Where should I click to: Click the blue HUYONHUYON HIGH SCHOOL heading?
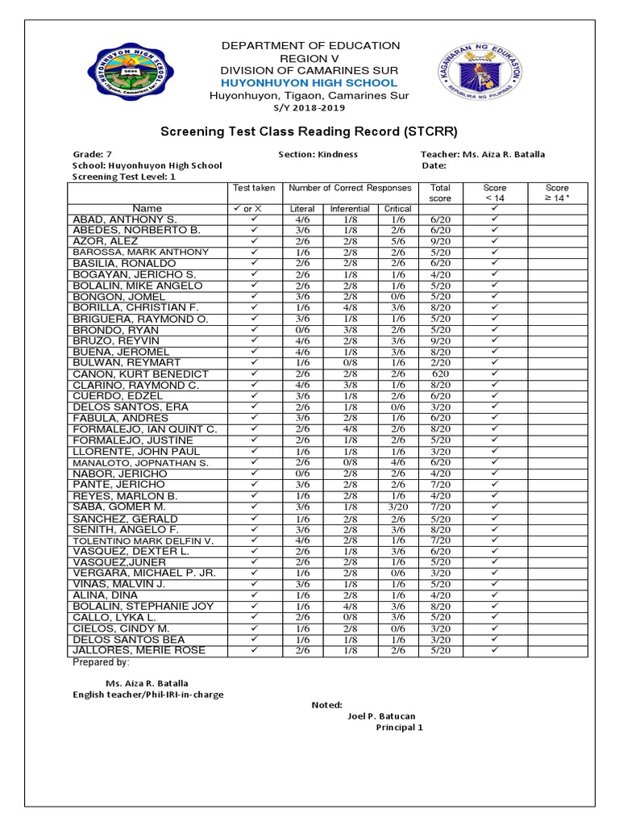[x=310, y=83]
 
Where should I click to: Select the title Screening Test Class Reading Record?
[x=310, y=131]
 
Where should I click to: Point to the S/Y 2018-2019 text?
[x=310, y=107]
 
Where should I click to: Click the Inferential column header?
[x=350, y=208]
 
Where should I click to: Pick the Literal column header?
[x=302, y=208]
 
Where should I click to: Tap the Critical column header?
[x=398, y=208]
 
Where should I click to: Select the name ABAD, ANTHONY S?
[x=124, y=219]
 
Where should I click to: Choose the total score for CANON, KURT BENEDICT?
[x=441, y=374]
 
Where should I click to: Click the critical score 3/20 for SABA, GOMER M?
[x=398, y=507]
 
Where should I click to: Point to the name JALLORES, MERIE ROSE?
[x=139, y=650]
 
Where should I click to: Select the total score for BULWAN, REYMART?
[x=441, y=363]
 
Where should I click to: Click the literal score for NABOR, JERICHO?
[x=302, y=473]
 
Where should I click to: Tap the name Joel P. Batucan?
[x=382, y=715]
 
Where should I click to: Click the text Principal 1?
[x=399, y=728]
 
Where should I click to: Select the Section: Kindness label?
[x=318, y=154]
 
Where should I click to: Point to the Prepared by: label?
[x=101, y=662]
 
